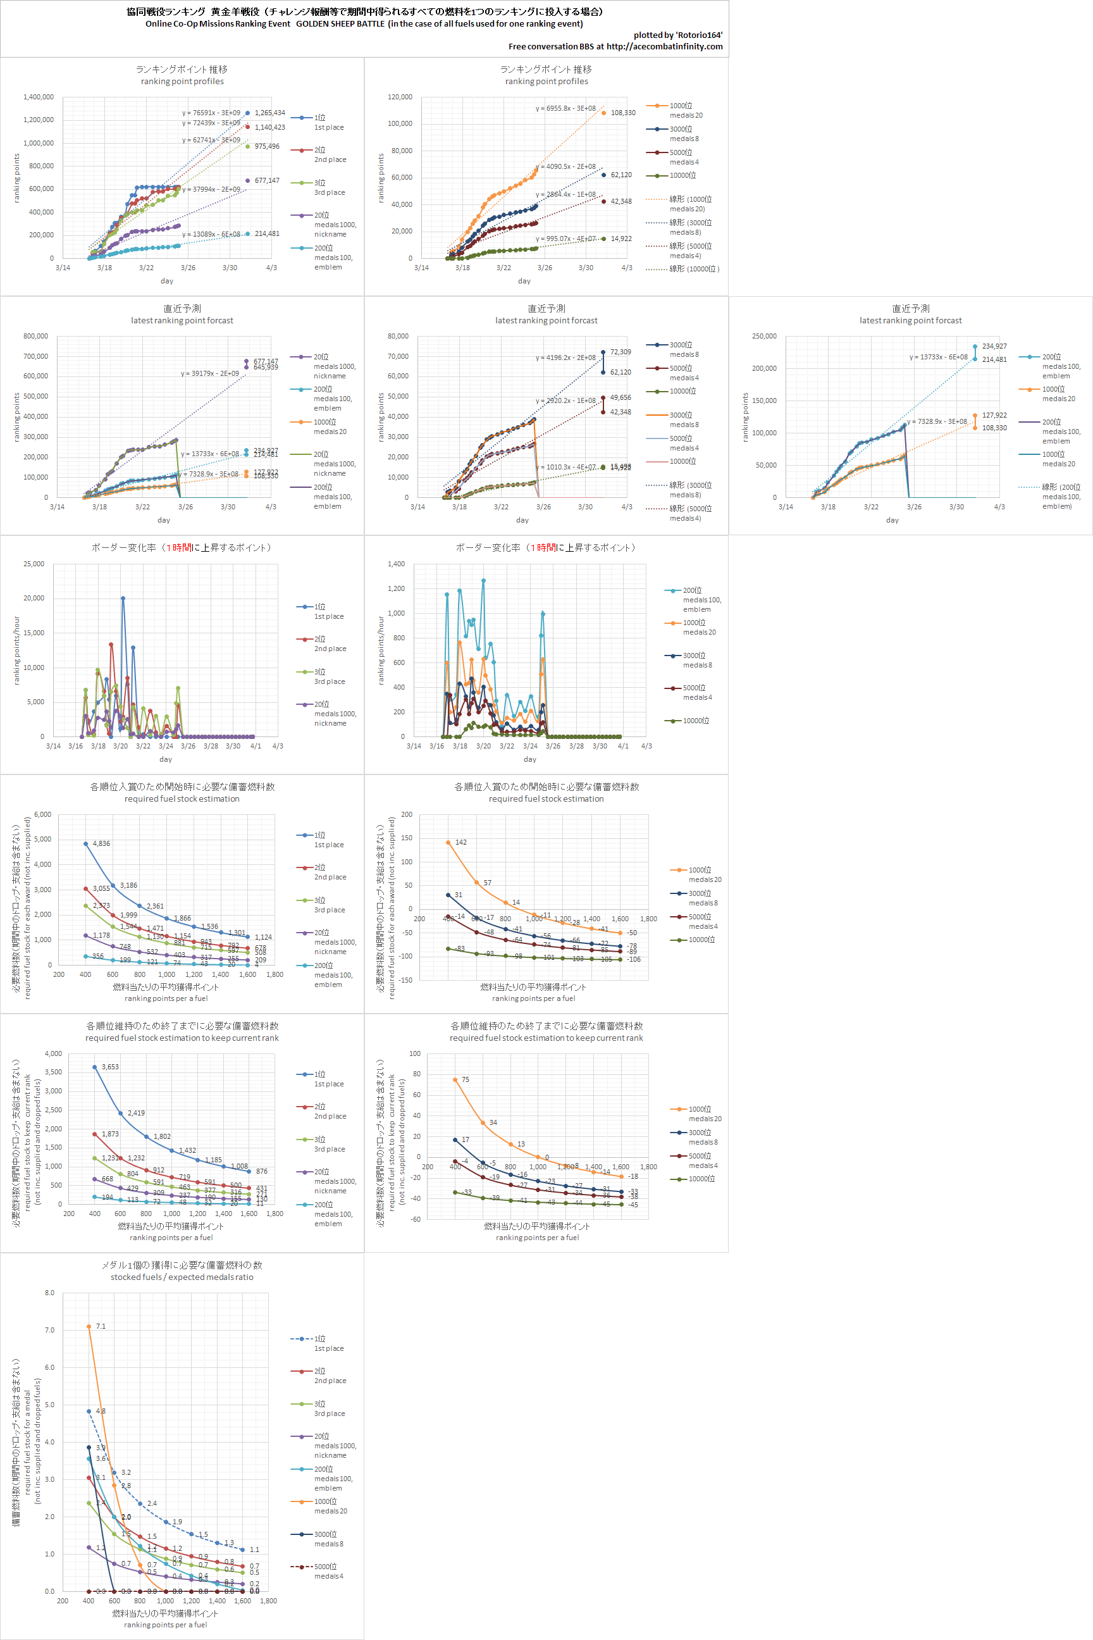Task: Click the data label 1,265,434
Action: (x=269, y=113)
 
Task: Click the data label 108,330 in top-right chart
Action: (x=622, y=113)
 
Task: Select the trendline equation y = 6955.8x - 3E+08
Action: (x=565, y=109)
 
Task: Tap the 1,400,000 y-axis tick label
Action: (x=39, y=97)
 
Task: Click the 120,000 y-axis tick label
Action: (x=400, y=97)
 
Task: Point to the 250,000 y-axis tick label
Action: (x=764, y=336)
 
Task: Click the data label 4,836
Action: (x=101, y=843)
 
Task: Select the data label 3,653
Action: (x=110, y=1067)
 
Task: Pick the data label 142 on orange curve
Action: (x=460, y=842)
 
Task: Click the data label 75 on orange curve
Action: (x=465, y=1079)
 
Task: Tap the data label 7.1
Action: (x=101, y=1326)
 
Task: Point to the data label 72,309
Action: (x=621, y=352)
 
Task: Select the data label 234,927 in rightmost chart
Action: (x=994, y=347)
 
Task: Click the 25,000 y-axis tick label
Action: (x=34, y=564)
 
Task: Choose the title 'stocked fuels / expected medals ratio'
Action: (x=182, y=1277)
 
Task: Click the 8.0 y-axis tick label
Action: (x=49, y=1293)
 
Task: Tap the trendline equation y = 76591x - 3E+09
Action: (x=211, y=113)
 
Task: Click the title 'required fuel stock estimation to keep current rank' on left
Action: (x=182, y=1038)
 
